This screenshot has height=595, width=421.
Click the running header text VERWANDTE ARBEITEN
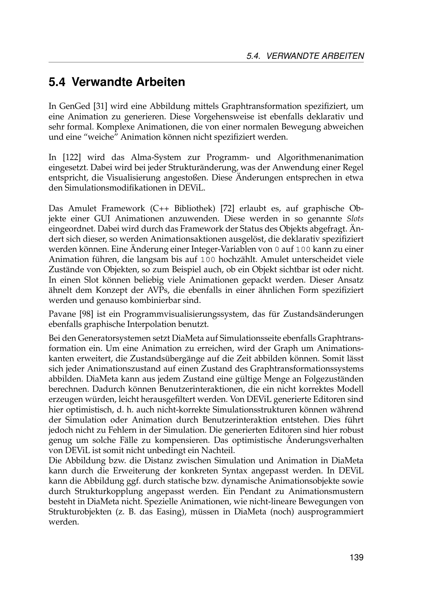click(315, 56)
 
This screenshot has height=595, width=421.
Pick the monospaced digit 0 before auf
click(277, 250)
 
